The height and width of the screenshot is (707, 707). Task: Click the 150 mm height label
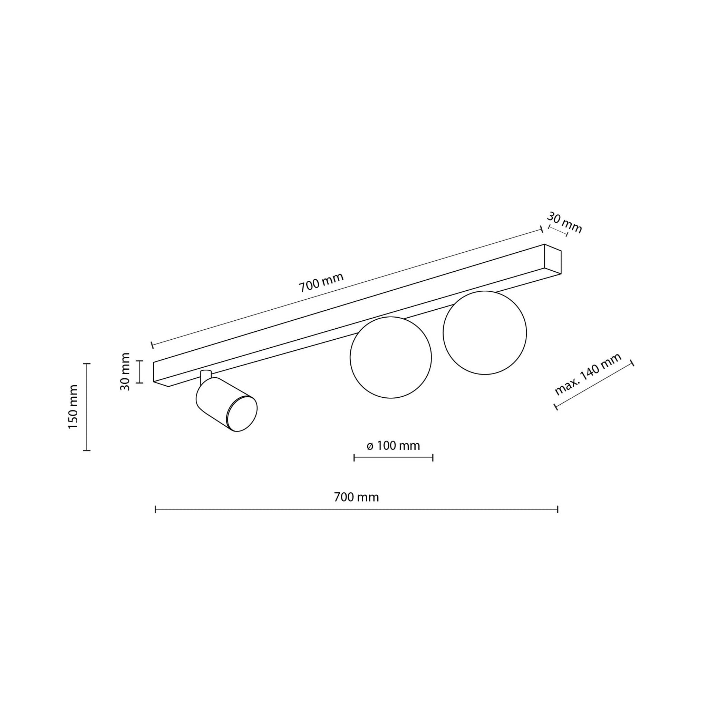pyautogui.click(x=74, y=407)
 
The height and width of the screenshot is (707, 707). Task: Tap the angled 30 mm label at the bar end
pyautogui.click(x=564, y=223)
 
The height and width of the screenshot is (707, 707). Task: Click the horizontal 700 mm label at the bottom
pyautogui.click(x=356, y=497)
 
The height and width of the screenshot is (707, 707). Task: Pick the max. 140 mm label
pyautogui.click(x=588, y=374)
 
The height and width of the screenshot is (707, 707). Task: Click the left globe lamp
pyautogui.click(x=391, y=358)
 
